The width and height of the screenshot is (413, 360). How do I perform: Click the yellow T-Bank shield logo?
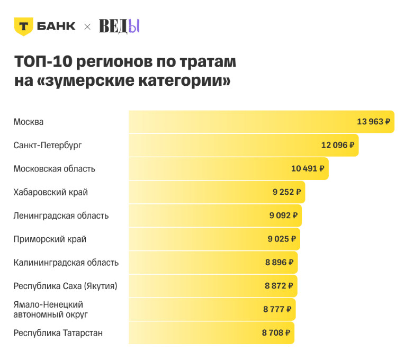coord(23,26)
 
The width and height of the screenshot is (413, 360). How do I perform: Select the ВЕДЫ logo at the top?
coord(119,26)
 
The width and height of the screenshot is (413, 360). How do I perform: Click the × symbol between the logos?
coord(87,26)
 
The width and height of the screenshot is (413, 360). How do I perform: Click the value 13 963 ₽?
coord(373,122)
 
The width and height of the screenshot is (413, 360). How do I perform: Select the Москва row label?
coord(29,122)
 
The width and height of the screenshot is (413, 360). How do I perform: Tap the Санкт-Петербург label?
coord(48,145)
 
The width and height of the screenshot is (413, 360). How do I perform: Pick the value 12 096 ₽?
coord(337,145)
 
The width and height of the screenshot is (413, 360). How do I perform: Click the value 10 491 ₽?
coord(308,169)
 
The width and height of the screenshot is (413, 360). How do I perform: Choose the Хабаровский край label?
coord(50,192)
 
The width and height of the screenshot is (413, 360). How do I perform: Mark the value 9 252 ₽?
coord(286,192)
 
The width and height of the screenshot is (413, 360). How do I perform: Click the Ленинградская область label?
coord(61,215)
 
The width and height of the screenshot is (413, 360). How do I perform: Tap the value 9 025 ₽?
coord(281,239)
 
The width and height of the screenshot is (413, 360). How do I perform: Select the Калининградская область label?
coord(66,263)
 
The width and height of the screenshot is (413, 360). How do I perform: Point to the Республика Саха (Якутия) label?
coord(65,286)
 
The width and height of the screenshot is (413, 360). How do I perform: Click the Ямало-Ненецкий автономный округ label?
coord(50,309)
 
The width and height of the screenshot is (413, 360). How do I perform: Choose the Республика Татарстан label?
coord(58,333)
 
